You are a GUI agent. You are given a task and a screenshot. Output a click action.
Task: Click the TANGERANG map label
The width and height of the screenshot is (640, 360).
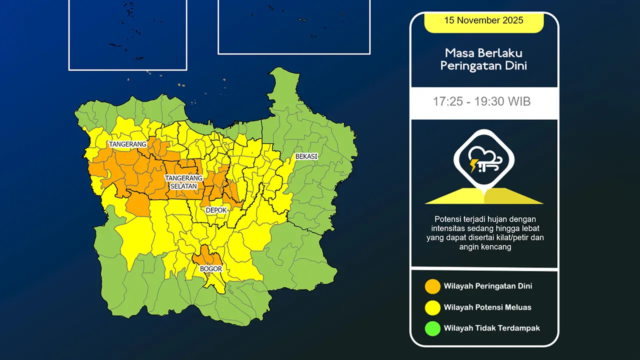point(127,144)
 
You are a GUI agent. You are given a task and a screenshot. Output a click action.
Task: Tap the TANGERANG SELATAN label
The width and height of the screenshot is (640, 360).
point(184,182)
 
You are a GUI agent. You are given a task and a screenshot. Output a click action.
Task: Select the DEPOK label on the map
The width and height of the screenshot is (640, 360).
point(216,210)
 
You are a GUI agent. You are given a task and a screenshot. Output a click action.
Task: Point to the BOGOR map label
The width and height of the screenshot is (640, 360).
point(210,269)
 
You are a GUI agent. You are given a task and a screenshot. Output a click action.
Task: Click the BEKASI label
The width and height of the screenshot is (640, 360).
point(306,156)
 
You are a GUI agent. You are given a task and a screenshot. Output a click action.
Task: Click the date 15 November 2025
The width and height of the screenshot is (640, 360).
point(483,20)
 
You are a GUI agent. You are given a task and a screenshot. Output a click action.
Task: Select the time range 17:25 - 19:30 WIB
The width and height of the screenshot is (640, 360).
point(481,102)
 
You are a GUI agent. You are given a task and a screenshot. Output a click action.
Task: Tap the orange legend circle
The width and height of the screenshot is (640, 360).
point(432,286)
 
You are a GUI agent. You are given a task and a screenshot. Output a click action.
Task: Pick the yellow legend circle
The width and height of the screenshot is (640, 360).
point(432,307)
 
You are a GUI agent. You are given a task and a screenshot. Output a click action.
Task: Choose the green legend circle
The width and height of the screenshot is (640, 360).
point(432,328)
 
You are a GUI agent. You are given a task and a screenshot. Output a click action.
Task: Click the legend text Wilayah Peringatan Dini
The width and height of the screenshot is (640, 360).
point(487,286)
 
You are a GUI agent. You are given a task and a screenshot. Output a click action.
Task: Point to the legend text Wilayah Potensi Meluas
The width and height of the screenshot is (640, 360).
point(487,307)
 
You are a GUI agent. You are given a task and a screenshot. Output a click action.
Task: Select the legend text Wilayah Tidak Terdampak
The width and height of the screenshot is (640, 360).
point(491,328)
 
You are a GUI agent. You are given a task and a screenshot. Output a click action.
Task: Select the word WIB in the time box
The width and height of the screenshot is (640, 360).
point(519,102)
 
